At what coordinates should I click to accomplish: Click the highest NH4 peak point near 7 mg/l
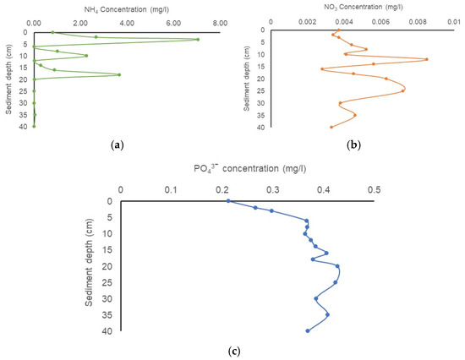point(198,40)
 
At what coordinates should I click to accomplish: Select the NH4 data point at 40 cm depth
point(34,127)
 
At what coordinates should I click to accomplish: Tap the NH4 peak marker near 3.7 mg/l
point(119,74)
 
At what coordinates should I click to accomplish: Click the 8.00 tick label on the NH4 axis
point(220,24)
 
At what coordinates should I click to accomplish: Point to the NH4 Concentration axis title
point(127,9)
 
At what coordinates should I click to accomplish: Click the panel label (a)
point(117,145)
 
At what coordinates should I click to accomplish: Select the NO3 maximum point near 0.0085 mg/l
point(427,59)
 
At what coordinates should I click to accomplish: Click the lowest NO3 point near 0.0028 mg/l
point(322,69)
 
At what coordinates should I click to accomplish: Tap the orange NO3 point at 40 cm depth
point(331,128)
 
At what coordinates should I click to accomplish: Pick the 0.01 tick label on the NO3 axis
point(454,22)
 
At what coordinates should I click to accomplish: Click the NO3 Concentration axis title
point(364,7)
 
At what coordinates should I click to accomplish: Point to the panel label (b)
point(353,145)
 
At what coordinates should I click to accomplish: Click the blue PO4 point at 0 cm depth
point(228,201)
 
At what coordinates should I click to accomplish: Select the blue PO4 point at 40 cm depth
point(308,331)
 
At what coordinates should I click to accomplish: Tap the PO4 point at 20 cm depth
point(337,266)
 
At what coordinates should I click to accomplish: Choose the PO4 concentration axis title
point(250,168)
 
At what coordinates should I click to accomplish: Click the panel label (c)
point(234,352)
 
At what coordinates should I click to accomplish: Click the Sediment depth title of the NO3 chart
point(247,79)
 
